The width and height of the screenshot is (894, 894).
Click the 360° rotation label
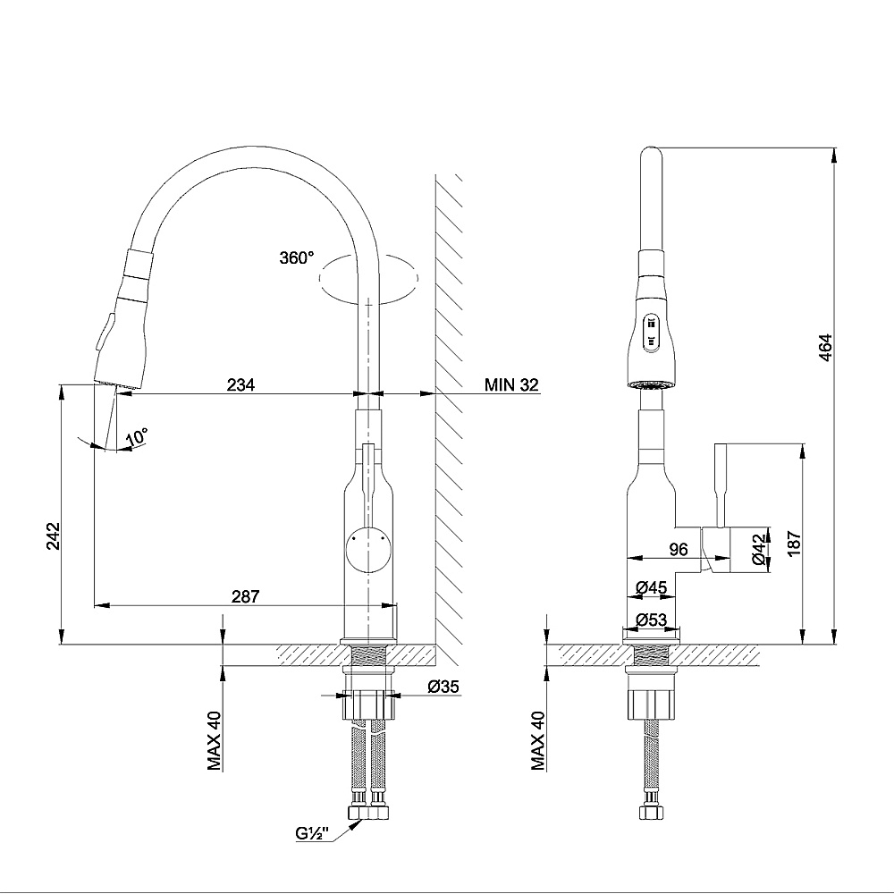point(297,257)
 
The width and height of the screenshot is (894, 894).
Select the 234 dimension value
point(240,385)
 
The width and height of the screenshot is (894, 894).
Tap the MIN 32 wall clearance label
point(511,385)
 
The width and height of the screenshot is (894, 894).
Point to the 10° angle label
point(137,437)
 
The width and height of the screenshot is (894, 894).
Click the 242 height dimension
point(52,537)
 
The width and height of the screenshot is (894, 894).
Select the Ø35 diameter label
point(443,687)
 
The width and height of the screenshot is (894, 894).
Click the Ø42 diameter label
point(758,548)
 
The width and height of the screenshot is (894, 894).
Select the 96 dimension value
point(678,551)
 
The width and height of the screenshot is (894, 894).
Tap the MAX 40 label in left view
point(215,739)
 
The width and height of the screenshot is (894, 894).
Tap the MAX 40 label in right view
point(538,739)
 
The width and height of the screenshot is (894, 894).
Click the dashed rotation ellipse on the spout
point(369,278)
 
